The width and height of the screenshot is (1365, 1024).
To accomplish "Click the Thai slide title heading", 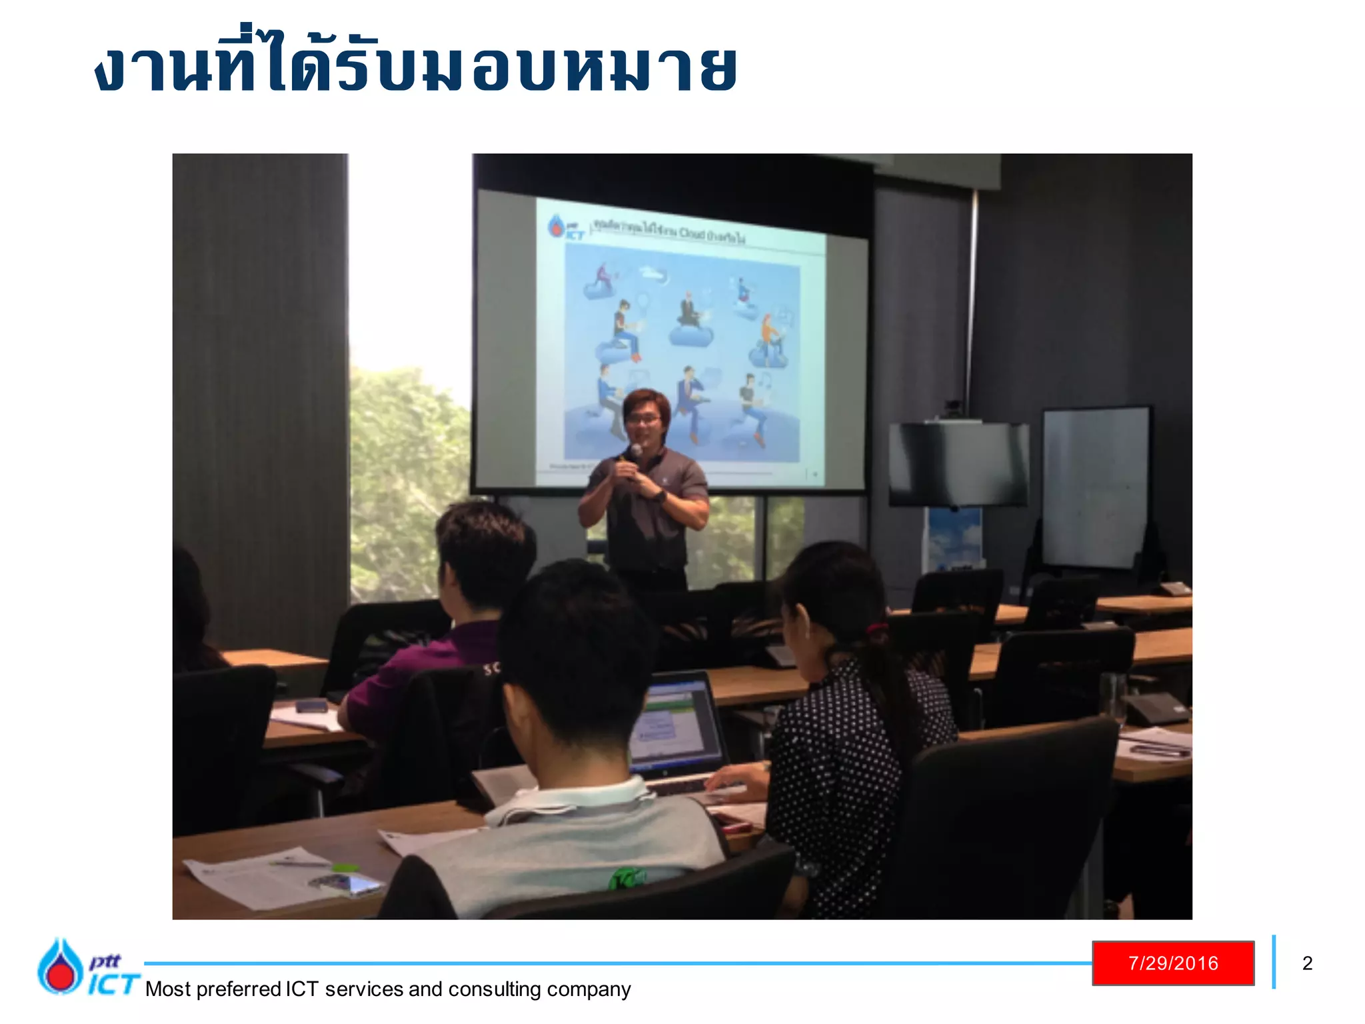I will (x=417, y=67).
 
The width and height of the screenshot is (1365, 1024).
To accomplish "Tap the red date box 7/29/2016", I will (x=1173, y=963).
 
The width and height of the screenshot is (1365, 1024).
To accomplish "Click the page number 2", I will (x=1307, y=963).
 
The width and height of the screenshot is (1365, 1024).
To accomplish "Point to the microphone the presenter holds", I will (x=635, y=453).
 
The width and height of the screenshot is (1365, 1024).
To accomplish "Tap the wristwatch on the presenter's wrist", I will (x=659, y=496).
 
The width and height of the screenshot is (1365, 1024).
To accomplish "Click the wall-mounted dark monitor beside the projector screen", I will (x=958, y=464).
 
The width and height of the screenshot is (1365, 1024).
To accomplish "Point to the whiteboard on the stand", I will (x=1096, y=487).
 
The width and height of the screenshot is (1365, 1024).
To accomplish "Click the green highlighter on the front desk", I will (x=345, y=867).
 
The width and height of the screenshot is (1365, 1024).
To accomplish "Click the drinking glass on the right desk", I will (x=1111, y=697).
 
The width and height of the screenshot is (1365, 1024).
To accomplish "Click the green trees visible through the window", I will (x=407, y=467).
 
